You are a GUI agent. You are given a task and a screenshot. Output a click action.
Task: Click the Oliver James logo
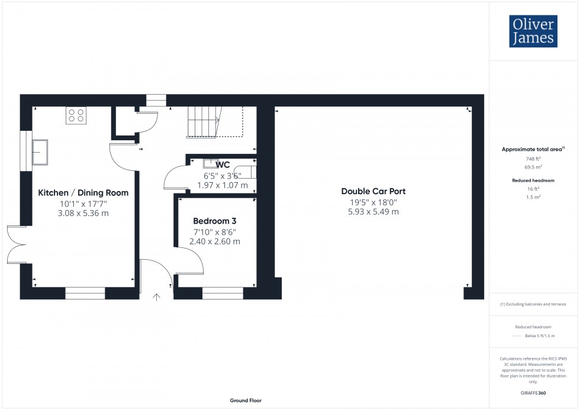(x=533, y=31)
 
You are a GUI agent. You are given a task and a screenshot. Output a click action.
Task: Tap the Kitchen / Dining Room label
(x=83, y=193)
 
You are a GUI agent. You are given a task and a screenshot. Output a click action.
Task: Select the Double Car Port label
(x=373, y=191)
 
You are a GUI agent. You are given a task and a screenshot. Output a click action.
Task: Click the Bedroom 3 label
(x=214, y=221)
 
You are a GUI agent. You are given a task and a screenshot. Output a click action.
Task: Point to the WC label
(x=223, y=164)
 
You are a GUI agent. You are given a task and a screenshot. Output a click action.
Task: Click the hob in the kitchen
(x=76, y=115)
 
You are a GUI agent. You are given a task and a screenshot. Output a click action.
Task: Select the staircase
(x=203, y=122)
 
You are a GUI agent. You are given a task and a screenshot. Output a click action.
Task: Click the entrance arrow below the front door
(x=157, y=298)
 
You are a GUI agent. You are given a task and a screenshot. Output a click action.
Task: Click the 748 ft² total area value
(x=533, y=159)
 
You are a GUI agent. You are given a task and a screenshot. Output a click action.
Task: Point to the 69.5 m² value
(x=533, y=167)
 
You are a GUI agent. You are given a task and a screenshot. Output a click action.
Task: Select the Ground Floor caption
(x=246, y=401)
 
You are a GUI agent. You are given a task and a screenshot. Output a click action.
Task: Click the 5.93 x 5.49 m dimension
(x=373, y=212)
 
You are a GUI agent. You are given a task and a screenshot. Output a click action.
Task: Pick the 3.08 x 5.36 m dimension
(x=83, y=214)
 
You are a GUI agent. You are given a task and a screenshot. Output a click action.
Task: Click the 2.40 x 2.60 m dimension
(x=214, y=241)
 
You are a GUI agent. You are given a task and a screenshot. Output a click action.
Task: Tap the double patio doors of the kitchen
(x=17, y=244)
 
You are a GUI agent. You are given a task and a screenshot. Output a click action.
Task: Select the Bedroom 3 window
(x=223, y=292)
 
